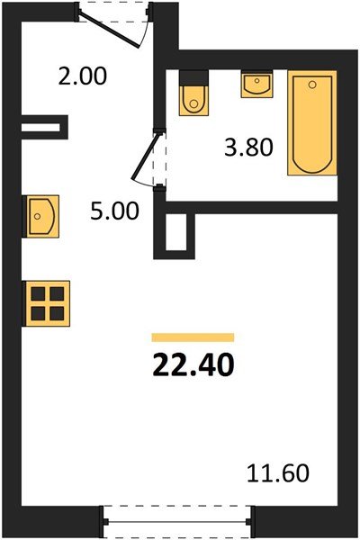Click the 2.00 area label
83,76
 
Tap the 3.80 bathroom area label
248,148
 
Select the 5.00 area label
114,211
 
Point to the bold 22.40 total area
193,364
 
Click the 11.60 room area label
278,473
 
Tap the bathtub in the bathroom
312,122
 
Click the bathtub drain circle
312,85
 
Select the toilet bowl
194,100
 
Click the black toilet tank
194,77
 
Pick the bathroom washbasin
257,84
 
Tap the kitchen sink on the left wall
40,216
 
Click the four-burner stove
46,303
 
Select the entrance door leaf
109,29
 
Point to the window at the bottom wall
177,521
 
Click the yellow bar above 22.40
193,337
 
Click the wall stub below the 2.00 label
45,127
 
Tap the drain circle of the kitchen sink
38,216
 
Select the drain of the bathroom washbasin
257,81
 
